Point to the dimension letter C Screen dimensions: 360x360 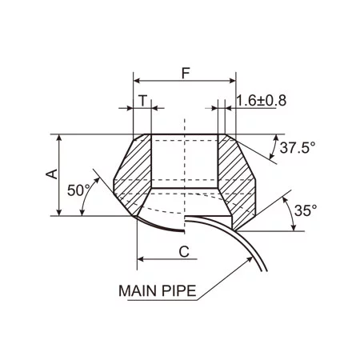pyautogui.click(x=183, y=251)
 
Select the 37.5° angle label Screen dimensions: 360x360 pyautogui.click(x=298, y=147)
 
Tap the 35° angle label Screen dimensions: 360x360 pyautogui.click(x=305, y=210)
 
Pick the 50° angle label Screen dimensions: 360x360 pyautogui.click(x=79, y=190)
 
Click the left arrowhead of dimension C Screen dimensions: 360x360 pyautogui.click(x=142, y=259)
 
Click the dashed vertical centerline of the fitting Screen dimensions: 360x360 pyautogui.click(x=184, y=160)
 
